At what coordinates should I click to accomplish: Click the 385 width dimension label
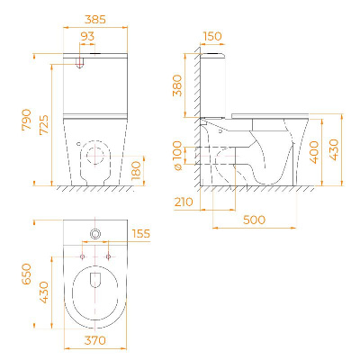[x=95, y=20]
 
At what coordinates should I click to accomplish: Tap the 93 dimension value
[x=87, y=37]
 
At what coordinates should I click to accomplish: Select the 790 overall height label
[x=27, y=120]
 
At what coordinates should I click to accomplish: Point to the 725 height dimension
[x=44, y=124]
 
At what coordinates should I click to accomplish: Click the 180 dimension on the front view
[x=136, y=170]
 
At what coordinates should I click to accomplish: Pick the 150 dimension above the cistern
[x=212, y=37]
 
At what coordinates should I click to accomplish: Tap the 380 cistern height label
[x=177, y=85]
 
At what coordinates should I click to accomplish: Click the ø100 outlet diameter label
[x=177, y=156]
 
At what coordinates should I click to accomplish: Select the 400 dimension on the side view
[x=314, y=152]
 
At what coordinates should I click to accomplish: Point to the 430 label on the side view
[x=334, y=150]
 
